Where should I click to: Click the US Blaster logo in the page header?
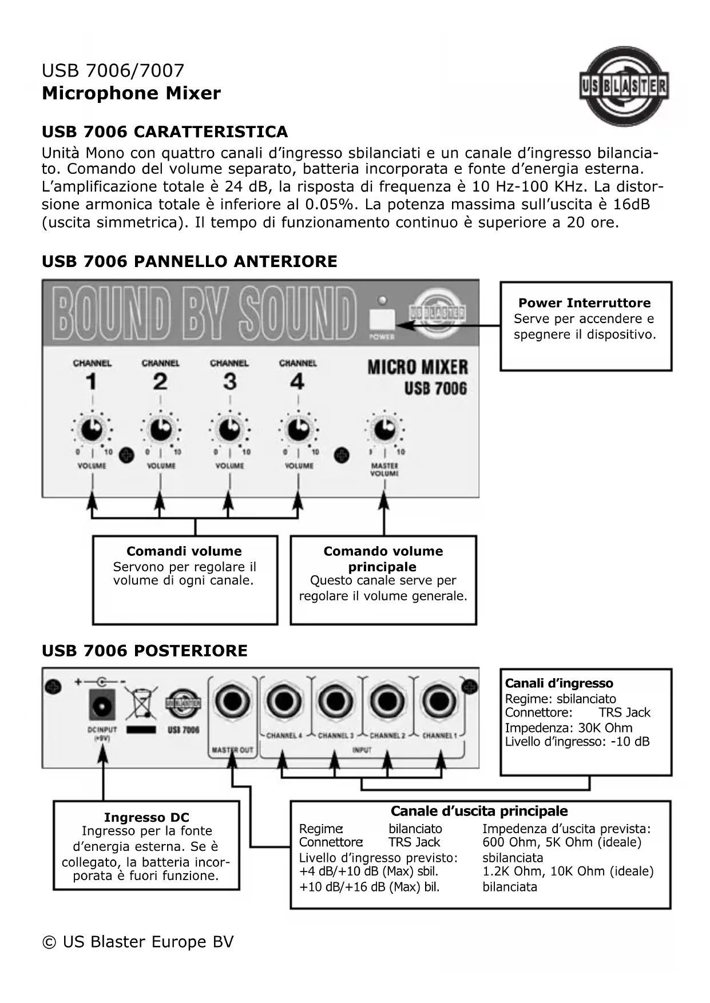[x=624, y=86]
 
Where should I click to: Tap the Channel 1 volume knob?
[x=92, y=429]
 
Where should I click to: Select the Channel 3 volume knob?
[x=229, y=429]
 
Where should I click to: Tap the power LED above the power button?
[x=382, y=300]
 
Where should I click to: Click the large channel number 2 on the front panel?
[x=160, y=381]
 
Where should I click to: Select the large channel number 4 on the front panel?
[x=298, y=381]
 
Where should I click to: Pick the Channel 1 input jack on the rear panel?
[x=439, y=702]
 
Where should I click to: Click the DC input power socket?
[x=102, y=704]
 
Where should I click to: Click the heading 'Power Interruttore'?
[x=584, y=303]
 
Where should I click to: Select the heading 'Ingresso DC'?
[x=146, y=817]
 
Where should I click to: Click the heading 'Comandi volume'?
[x=184, y=551]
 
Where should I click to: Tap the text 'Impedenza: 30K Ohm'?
[x=568, y=728]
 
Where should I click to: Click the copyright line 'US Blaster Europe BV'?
[x=138, y=942]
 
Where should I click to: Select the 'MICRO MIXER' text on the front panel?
[x=417, y=367]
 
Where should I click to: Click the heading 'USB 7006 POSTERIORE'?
[x=145, y=651]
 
